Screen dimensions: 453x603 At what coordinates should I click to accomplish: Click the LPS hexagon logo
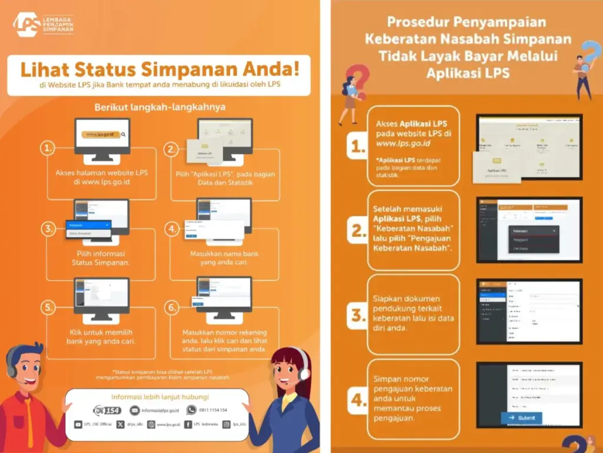[27, 24]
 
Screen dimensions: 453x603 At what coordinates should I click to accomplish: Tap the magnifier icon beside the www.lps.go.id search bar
[123, 134]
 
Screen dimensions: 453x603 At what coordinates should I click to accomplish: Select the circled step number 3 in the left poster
[48, 228]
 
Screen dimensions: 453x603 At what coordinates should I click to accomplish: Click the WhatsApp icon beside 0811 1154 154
[191, 409]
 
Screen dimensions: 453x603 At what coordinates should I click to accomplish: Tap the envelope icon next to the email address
[135, 410]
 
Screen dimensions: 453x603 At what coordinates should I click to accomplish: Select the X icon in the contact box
[121, 424]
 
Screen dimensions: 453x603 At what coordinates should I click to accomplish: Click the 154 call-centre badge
[107, 410]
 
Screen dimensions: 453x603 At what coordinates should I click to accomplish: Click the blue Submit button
[522, 418]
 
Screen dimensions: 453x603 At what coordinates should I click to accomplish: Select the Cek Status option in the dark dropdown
[521, 249]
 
